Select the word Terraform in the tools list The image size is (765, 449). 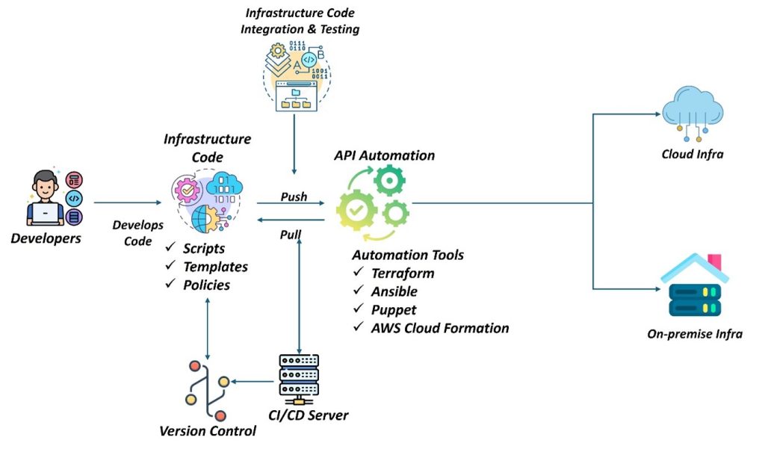click(x=403, y=273)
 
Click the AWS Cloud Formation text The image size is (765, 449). click(x=440, y=327)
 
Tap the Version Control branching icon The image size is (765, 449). click(x=206, y=391)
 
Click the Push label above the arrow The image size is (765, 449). click(x=294, y=196)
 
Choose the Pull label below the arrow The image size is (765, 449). click(x=291, y=235)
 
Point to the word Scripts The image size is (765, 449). click(x=204, y=249)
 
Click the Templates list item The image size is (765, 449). click(x=215, y=267)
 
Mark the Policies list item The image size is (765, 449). click(x=206, y=285)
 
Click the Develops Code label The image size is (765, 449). click(x=133, y=232)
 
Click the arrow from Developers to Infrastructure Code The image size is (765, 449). click(x=127, y=202)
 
